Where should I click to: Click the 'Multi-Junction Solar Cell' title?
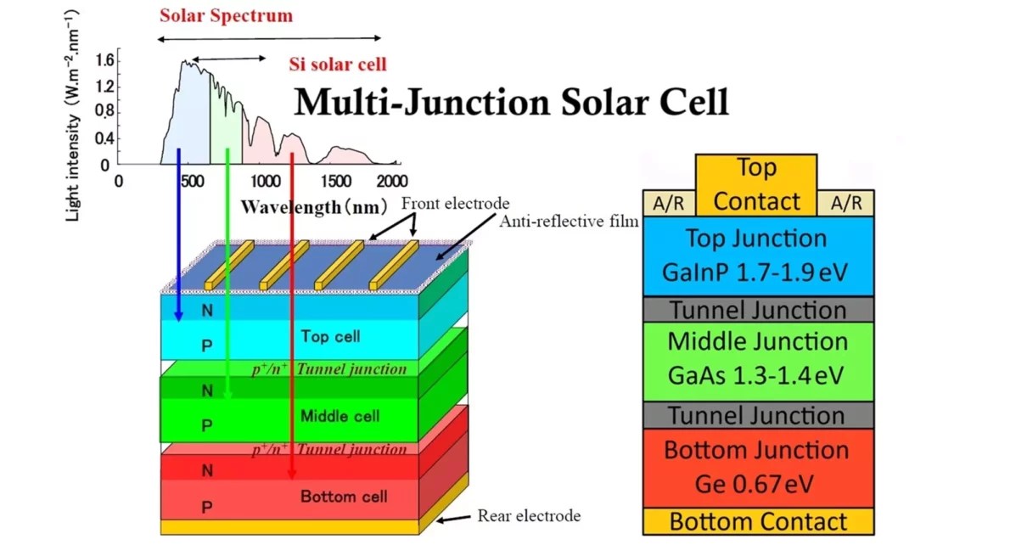tap(511, 102)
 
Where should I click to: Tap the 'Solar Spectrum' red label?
tap(226, 15)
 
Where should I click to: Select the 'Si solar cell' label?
tap(337, 64)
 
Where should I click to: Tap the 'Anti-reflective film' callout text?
tap(568, 222)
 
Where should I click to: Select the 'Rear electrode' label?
tap(529, 515)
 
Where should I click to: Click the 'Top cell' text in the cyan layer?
tap(330, 336)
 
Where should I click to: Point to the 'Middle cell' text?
tap(340, 416)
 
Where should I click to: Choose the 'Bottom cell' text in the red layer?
tap(344, 497)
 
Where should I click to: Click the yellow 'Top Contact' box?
tap(756, 183)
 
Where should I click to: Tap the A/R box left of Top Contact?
tap(669, 204)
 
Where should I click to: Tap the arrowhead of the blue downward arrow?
tap(178, 316)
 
